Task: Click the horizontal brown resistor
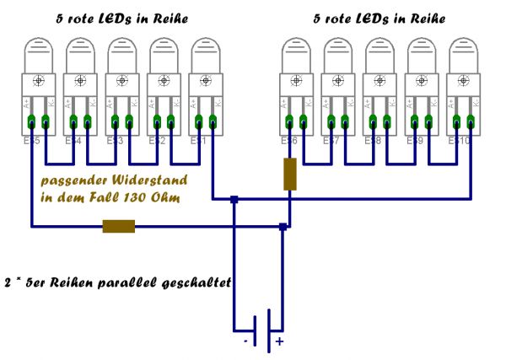(x=118, y=226)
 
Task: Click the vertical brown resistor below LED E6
(x=289, y=174)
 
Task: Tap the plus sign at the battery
(x=278, y=342)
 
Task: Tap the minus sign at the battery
(x=245, y=341)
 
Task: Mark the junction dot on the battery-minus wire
(x=234, y=200)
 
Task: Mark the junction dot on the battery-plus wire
(x=283, y=226)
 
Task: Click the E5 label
(x=32, y=140)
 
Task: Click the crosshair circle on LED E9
(x=421, y=81)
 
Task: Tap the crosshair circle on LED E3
(x=121, y=81)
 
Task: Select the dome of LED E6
(x=295, y=52)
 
